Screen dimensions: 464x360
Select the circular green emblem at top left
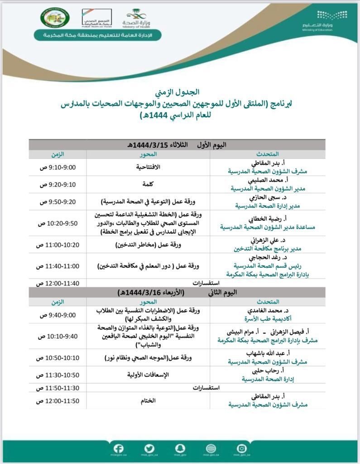pyautogui.click(x=55, y=19)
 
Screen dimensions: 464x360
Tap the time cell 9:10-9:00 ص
pyautogui.click(x=58, y=167)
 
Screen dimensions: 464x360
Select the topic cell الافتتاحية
pyautogui.click(x=149, y=167)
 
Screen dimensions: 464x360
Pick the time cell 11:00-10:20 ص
pyautogui.click(x=58, y=245)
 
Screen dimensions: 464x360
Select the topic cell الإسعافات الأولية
pyautogui.click(x=149, y=375)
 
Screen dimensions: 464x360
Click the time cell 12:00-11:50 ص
pyautogui.click(x=58, y=401)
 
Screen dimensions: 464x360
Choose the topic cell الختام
pyautogui.click(x=149, y=401)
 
